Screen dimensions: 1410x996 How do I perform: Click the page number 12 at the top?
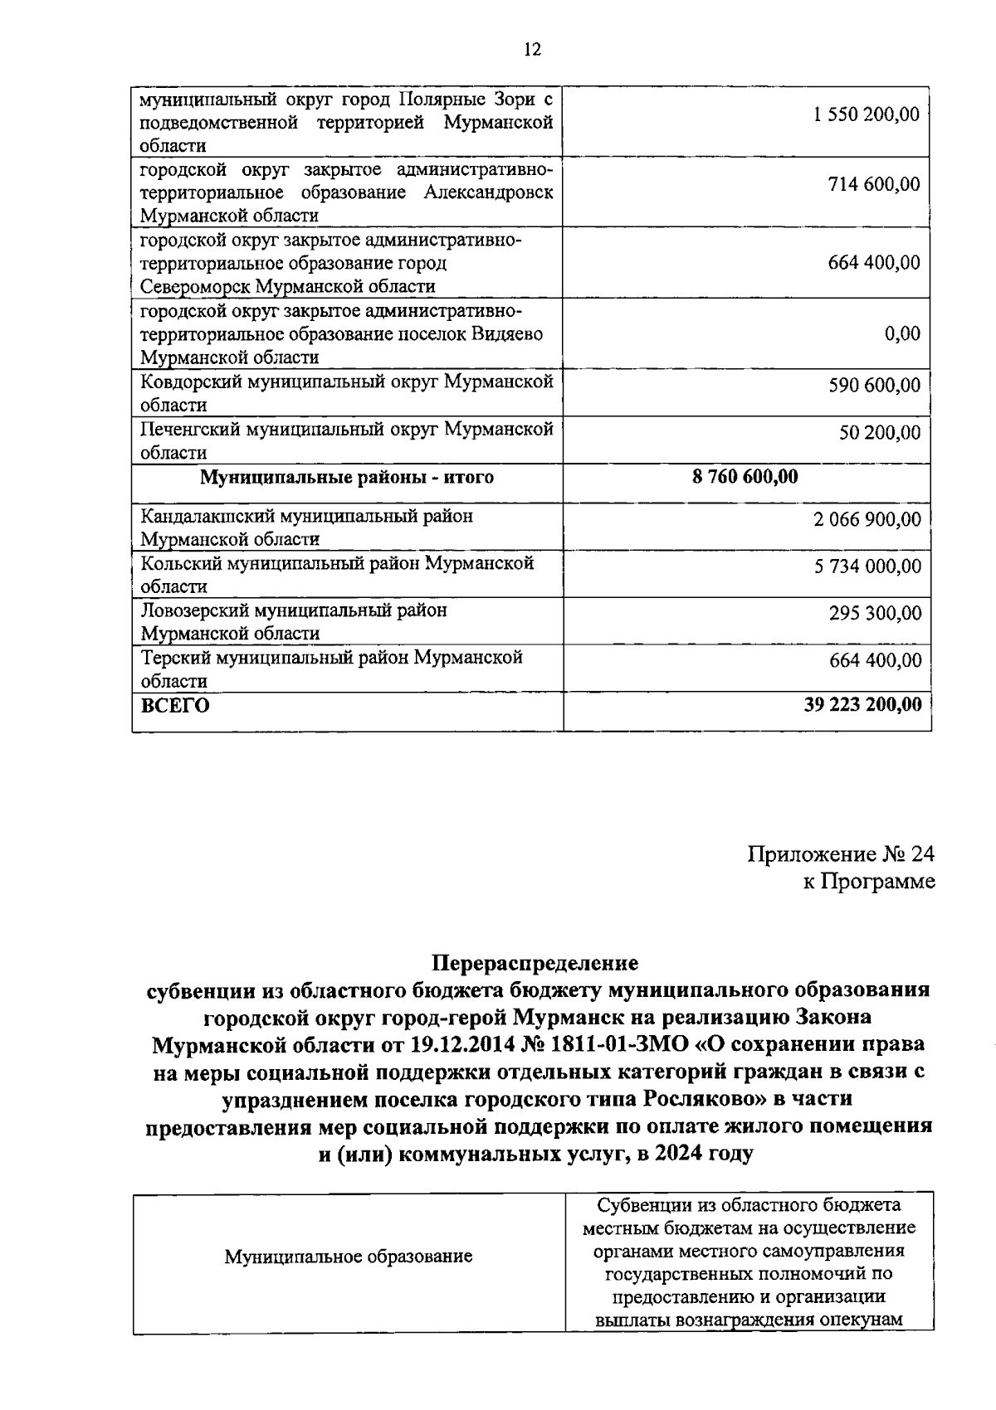pos(532,50)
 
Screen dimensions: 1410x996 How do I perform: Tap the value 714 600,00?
pos(874,184)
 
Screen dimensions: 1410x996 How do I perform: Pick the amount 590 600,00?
pos(875,386)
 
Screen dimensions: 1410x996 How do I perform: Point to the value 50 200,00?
pos(880,433)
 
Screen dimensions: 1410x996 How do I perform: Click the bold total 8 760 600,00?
pos(745,477)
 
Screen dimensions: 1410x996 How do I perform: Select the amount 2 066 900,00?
pos(867,520)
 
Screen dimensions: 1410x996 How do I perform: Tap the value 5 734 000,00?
pos(867,567)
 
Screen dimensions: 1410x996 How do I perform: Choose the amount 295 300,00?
pos(875,614)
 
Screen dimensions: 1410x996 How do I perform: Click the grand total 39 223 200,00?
pos(862,705)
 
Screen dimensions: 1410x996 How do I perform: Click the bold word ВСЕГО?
pos(175,707)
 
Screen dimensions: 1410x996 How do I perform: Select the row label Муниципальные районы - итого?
pos(347,478)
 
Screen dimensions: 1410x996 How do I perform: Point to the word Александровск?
pos(488,193)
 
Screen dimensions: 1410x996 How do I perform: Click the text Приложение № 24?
pos(841,855)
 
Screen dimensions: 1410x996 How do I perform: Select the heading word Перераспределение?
pos(535,963)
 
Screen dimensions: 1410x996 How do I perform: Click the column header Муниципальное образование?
pos(349,1257)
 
